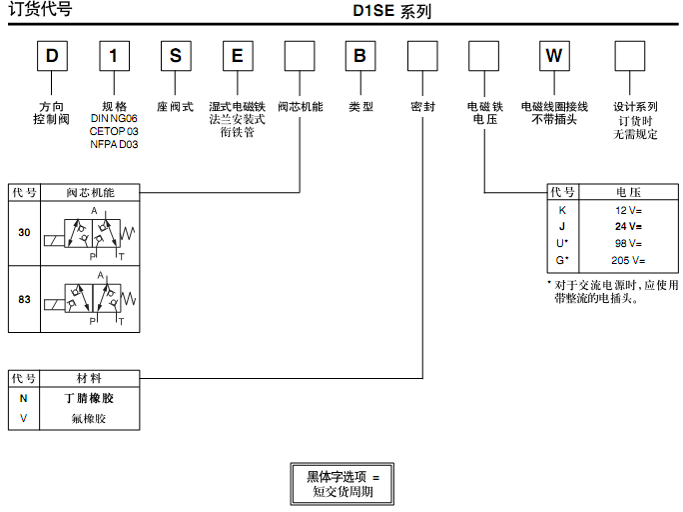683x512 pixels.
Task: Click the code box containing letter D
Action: (52, 55)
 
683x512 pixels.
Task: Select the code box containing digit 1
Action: (115, 55)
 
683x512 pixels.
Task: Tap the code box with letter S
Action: (175, 55)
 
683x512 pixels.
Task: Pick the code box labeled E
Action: (237, 55)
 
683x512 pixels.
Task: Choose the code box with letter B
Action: (360, 55)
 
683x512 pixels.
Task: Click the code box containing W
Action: (553, 55)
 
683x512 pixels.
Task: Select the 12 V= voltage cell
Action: (628, 210)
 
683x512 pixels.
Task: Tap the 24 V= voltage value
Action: (628, 226)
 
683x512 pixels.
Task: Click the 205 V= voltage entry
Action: (628, 260)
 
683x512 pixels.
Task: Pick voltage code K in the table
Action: (562, 210)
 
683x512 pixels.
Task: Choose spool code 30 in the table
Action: (24, 231)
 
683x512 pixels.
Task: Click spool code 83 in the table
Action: (24, 299)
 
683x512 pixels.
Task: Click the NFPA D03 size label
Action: (114, 144)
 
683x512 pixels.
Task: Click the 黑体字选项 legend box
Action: (341, 483)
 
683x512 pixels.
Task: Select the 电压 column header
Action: (628, 192)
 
